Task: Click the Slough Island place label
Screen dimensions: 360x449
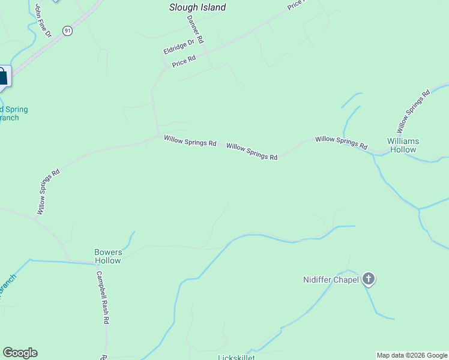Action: [197, 8]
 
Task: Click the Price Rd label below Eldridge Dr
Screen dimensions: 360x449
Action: [184, 61]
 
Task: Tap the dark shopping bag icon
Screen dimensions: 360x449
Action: [2, 76]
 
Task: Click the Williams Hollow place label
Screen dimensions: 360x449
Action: [403, 145]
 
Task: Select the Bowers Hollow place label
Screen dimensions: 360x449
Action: [108, 256]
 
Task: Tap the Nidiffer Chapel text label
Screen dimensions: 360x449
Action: [330, 280]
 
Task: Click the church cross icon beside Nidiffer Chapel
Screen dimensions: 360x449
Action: [369, 279]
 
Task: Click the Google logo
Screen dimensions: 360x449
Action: [20, 353]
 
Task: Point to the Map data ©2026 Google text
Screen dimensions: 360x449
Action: [412, 355]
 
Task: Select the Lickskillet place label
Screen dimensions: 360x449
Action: [236, 358]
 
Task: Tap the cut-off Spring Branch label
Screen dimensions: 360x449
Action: [12, 113]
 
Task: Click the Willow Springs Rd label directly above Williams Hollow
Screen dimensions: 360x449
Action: [413, 111]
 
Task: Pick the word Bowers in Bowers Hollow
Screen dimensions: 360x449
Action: [108, 252]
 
